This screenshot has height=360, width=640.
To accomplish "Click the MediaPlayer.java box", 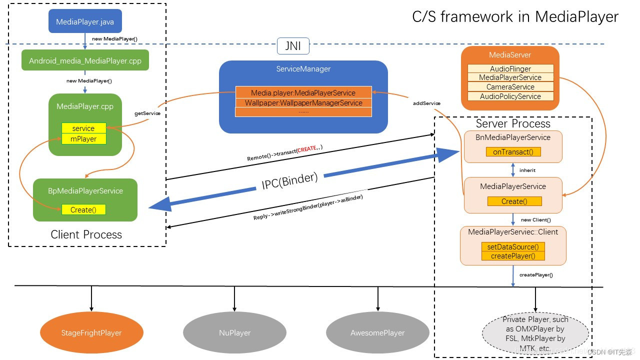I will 84,22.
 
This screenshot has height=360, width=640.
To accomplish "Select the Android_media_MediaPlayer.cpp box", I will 85,60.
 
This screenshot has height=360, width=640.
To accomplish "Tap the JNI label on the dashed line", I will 293,46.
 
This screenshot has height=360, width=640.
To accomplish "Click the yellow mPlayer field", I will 84,138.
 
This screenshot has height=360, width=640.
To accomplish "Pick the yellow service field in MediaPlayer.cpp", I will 83,128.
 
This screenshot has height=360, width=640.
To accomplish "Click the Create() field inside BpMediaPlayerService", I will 83,209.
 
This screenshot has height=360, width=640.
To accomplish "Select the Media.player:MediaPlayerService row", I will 303,92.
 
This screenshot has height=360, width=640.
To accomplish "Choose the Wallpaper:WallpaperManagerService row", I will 303,102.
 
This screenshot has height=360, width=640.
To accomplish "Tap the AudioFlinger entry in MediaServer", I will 510,68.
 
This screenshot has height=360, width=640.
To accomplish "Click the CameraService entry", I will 510,87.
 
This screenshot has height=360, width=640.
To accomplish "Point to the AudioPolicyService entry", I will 510,96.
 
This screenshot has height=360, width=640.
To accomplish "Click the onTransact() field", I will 513,151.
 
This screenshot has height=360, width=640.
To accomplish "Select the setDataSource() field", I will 513,247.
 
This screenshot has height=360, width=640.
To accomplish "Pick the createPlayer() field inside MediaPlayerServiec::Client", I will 513,256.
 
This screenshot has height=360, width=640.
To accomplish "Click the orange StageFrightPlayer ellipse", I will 91,332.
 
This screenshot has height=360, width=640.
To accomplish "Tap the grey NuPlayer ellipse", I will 234,332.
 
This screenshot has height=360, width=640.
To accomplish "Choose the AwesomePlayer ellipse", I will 377,332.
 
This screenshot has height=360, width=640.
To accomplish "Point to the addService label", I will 426,103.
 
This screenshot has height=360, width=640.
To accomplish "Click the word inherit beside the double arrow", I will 527,170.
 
